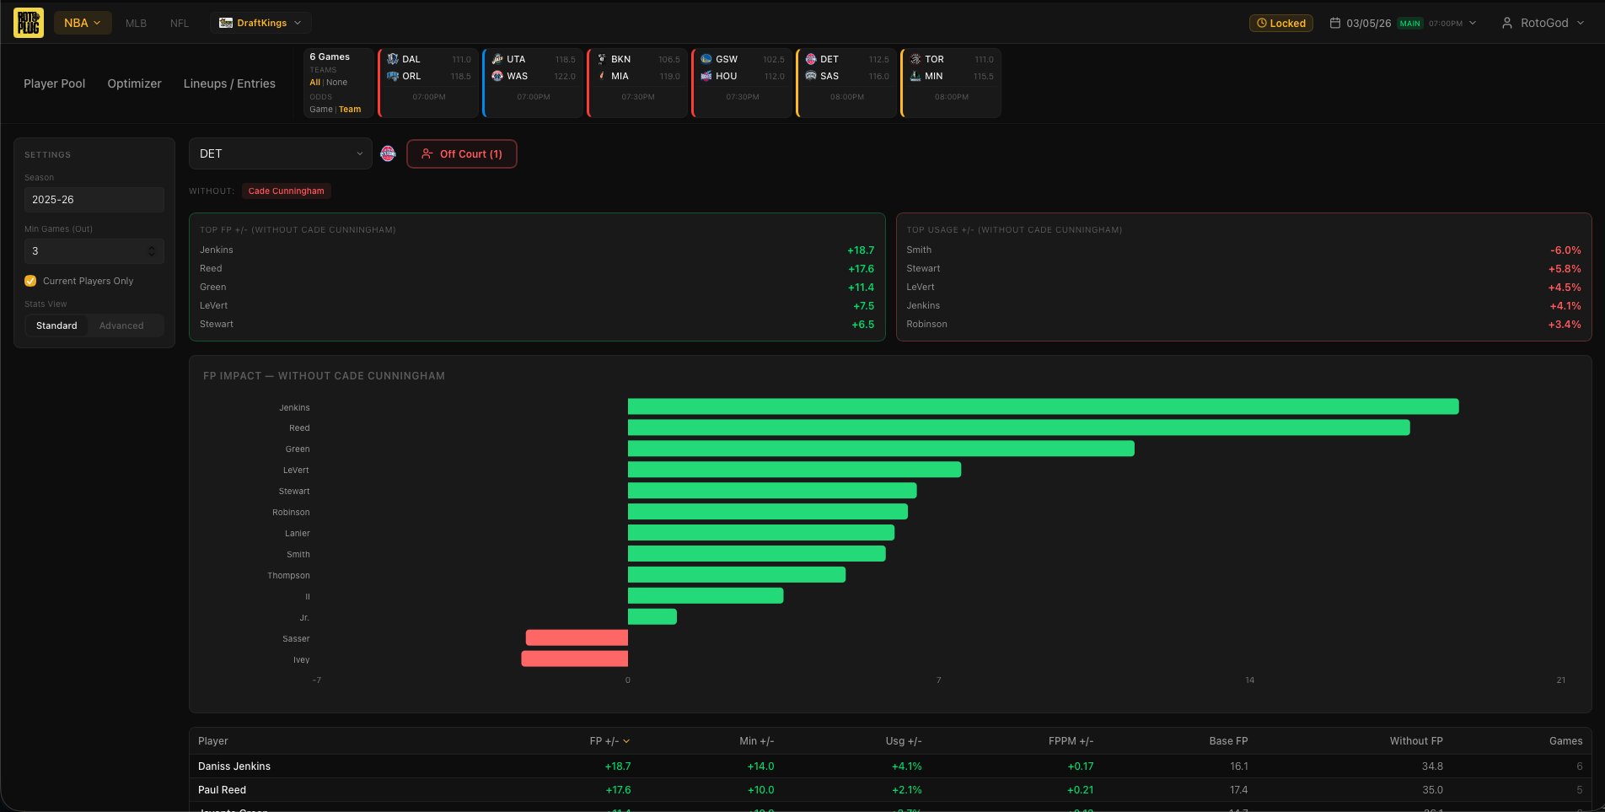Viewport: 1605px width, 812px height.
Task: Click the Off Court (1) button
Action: (462, 154)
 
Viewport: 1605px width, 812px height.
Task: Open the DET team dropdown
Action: (280, 153)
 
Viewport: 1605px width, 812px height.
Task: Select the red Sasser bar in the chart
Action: (577, 638)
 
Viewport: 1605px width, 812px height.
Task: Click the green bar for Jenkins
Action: (1043, 407)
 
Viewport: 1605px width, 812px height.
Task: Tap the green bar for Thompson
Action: (736, 575)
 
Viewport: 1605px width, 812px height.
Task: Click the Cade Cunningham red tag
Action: (286, 191)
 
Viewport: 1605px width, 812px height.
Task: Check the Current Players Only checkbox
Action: (30, 281)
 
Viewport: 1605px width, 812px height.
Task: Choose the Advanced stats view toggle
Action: (121, 325)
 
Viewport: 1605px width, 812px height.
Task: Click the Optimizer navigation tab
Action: (134, 83)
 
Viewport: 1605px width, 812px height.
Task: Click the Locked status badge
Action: (1280, 24)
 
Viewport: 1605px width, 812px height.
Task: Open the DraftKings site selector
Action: (260, 23)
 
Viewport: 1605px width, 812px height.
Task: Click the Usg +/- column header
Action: (903, 741)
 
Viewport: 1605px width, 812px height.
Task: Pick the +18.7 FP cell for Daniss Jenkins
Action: (617, 766)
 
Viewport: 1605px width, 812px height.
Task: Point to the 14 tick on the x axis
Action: (1249, 680)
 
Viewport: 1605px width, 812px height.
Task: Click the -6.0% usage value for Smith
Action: (1565, 250)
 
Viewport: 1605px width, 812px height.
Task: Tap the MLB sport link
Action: (136, 24)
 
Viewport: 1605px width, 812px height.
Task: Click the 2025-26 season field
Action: (94, 200)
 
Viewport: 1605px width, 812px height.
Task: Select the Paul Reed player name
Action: (222, 790)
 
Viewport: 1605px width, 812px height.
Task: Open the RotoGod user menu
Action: (1543, 24)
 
